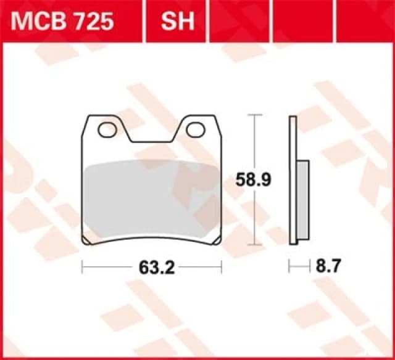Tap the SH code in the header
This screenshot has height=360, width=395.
pyautogui.click(x=178, y=22)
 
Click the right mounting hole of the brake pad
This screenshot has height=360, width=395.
pyautogui.click(x=196, y=129)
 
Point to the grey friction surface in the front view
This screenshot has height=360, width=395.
pyautogui.click(x=151, y=197)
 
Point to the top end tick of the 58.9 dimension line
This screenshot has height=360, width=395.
pyautogui.click(x=252, y=115)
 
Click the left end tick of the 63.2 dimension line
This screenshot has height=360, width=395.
pyautogui.click(x=82, y=267)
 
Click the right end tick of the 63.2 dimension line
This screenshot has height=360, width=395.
pyautogui.click(x=221, y=267)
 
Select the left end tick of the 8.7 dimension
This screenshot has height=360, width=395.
pyautogui.click(x=289, y=267)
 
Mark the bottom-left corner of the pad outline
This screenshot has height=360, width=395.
pyautogui.click(x=83, y=243)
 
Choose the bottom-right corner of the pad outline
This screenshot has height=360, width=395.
pyautogui.click(x=220, y=243)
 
